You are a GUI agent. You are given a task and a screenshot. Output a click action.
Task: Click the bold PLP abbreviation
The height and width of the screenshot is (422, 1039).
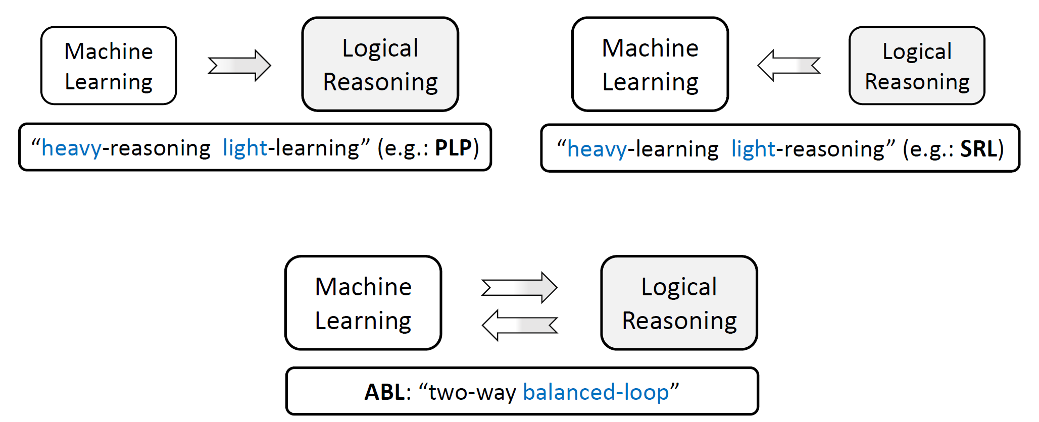point(454,148)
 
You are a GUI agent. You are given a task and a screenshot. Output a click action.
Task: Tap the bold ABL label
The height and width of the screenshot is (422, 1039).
point(384,392)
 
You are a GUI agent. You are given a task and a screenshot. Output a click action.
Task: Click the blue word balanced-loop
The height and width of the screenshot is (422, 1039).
point(596,392)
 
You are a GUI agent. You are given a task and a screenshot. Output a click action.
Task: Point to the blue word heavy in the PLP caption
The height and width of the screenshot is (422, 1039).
point(71,148)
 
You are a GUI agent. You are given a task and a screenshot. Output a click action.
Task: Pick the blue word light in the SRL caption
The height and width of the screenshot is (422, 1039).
point(753,149)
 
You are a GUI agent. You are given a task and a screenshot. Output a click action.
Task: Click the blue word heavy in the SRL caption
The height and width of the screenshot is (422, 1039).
point(597,149)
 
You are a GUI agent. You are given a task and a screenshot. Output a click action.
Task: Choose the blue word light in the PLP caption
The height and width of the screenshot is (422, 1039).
point(244,148)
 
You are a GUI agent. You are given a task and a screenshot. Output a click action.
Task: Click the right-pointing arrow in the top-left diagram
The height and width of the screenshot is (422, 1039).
point(239,66)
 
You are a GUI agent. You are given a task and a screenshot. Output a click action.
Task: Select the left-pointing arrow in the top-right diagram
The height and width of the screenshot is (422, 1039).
point(789,66)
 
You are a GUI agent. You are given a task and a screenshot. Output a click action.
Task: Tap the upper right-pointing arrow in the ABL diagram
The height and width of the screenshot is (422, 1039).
point(519,288)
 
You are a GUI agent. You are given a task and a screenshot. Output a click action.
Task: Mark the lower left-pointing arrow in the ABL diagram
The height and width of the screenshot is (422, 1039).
point(519,325)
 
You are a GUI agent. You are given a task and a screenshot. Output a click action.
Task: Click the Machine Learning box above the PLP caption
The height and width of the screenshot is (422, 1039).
point(109,66)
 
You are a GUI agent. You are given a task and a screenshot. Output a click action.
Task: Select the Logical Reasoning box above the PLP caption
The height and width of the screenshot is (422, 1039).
point(380,65)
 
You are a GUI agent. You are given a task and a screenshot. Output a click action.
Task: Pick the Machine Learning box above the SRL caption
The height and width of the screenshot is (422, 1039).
point(650,65)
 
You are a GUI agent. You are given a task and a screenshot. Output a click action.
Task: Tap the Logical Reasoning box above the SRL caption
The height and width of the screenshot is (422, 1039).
point(917,66)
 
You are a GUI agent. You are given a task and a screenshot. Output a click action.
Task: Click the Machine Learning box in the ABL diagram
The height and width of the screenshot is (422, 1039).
point(363,303)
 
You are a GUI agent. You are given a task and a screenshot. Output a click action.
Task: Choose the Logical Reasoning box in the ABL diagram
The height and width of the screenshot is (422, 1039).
point(679,303)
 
